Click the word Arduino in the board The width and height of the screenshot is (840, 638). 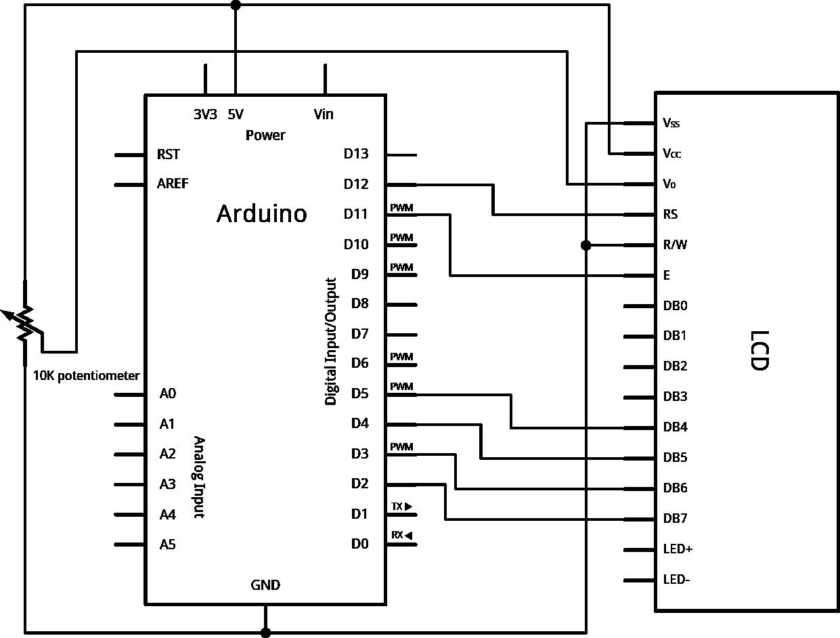click(x=261, y=214)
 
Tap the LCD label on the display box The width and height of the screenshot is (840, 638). click(x=760, y=350)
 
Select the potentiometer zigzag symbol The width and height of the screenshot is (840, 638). click(x=25, y=322)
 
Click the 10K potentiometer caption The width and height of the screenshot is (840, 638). click(x=87, y=376)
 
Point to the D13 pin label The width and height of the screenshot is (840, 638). click(x=356, y=154)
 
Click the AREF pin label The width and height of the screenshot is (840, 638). click(x=173, y=184)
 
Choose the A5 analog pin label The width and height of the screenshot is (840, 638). click(x=167, y=544)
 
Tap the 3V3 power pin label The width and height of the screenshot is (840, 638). click(x=205, y=114)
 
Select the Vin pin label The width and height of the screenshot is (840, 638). click(x=324, y=114)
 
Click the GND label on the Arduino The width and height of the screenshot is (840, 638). click(x=265, y=585)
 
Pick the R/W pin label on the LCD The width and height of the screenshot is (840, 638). click(x=675, y=245)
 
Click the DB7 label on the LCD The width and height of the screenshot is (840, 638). click(x=676, y=519)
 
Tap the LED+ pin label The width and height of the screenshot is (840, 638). click(x=678, y=549)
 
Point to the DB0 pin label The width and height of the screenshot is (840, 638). click(x=675, y=306)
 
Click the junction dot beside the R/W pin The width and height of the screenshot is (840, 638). click(x=586, y=245)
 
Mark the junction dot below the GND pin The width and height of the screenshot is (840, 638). click(x=265, y=633)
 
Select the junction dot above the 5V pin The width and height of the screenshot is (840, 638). click(x=236, y=5)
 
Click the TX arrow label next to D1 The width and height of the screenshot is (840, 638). click(x=401, y=506)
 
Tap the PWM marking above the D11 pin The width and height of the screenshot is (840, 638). click(x=401, y=207)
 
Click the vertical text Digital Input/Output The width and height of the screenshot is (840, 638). click(x=331, y=341)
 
